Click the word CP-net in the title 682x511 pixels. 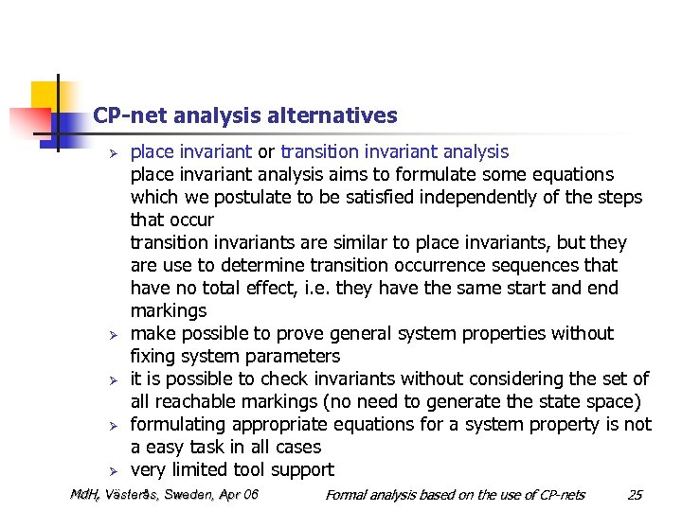point(128,116)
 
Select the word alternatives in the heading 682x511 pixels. point(332,116)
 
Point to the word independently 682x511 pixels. point(476,198)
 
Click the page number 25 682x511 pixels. point(635,495)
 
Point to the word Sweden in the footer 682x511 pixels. point(188,495)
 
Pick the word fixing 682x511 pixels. point(153,357)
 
